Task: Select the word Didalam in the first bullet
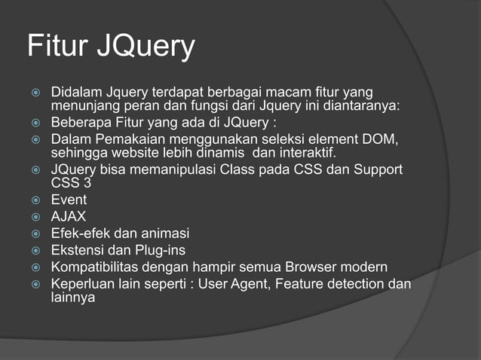tap(75, 93)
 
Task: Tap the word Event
tap(69, 200)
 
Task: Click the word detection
tap(354, 284)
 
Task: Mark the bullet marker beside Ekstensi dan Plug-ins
tap(35, 250)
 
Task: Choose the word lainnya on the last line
tap(72, 297)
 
